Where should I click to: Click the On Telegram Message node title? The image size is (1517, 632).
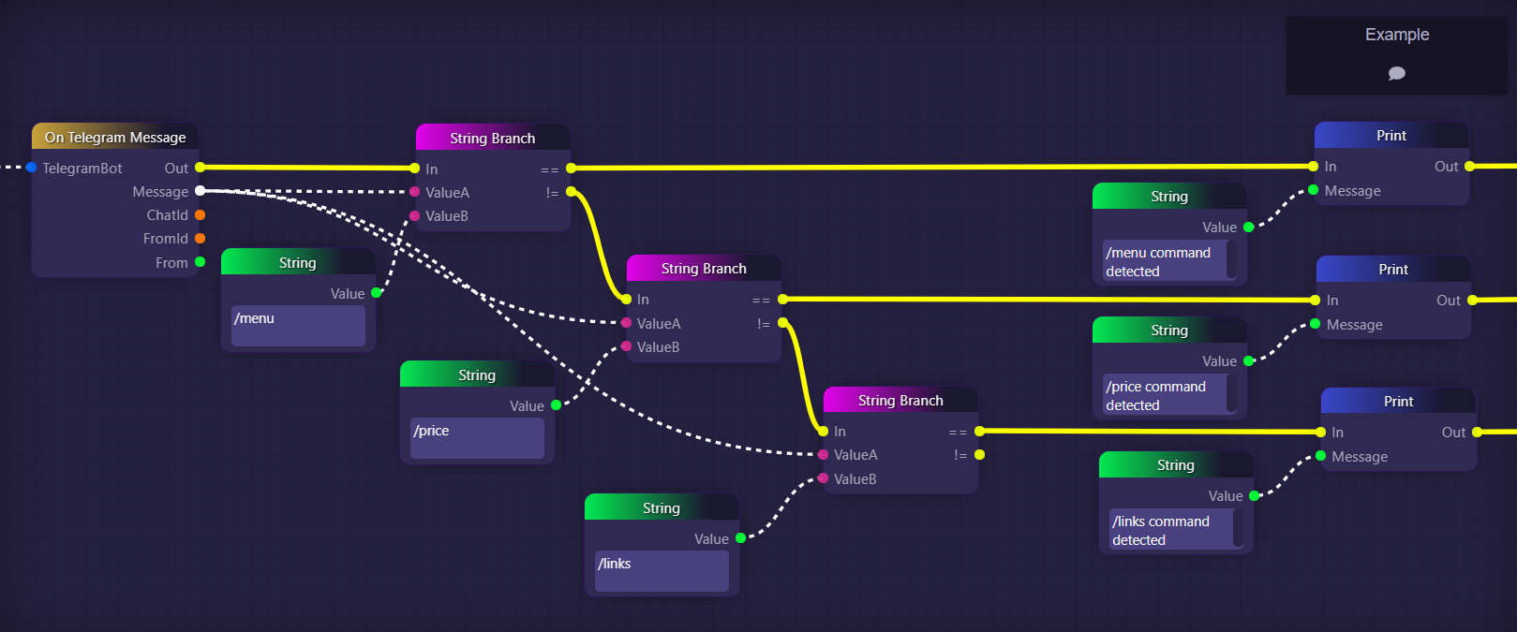pos(115,138)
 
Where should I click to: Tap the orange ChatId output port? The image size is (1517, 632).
pos(200,215)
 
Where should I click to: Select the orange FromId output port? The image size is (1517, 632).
pos(200,239)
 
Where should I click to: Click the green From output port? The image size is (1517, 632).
pos(200,262)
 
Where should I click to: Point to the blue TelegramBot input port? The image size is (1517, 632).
pos(32,168)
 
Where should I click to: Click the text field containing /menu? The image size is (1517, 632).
pos(298,326)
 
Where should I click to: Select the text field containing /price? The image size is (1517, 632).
pos(477,438)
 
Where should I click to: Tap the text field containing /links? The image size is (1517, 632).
pos(662,571)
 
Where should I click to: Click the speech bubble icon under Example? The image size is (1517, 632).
pos(1396,73)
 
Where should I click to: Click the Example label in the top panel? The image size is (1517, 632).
pos(1396,35)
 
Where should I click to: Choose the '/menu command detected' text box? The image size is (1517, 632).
pos(1165,261)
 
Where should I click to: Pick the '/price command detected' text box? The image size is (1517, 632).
pos(1165,395)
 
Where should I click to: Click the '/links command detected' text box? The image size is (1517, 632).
pos(1170,530)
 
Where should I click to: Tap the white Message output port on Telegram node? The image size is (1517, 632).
pos(200,191)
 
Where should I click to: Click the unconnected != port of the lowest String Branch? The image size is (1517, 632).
pos(979,455)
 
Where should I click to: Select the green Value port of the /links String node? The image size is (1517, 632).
pos(740,538)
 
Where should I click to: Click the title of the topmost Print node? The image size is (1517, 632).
pos(1391,136)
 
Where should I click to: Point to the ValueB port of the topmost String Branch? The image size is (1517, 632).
pos(415,216)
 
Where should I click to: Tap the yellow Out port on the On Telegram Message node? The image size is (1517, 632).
pos(200,168)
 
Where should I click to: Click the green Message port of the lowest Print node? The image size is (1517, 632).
pos(1320,456)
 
